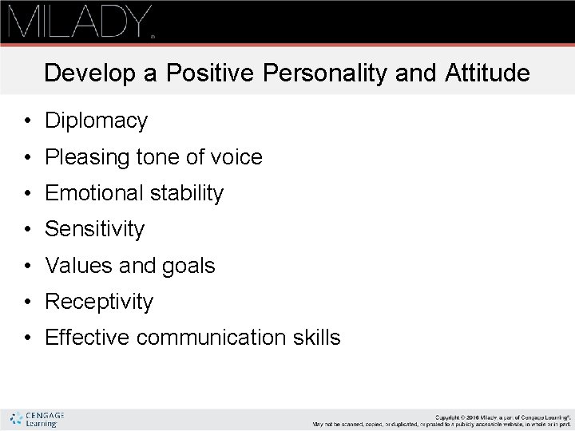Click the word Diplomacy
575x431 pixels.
coord(96,121)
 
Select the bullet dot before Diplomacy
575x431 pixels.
coord(27,121)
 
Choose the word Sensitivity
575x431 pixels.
coord(94,230)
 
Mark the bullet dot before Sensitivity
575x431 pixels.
coord(27,230)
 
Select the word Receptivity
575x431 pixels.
coord(99,302)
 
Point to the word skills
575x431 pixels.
coord(319,338)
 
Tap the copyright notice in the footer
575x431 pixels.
coord(442,419)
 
